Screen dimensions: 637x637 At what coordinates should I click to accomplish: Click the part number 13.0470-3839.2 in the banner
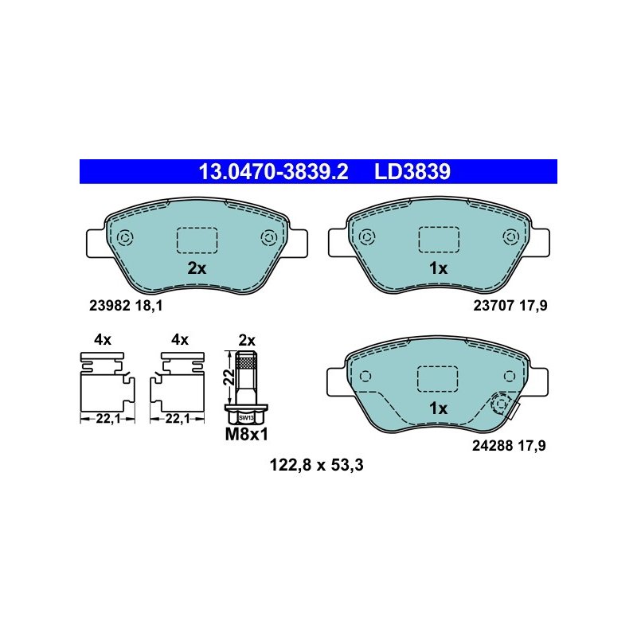(x=273, y=172)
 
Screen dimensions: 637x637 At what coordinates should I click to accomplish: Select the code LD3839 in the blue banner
(x=412, y=172)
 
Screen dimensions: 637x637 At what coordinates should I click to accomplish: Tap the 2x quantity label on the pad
(x=197, y=268)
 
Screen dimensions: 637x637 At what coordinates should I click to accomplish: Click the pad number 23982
(x=109, y=306)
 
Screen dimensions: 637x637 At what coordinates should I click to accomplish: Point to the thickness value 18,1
(x=149, y=306)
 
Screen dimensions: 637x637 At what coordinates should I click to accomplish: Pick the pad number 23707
(x=494, y=306)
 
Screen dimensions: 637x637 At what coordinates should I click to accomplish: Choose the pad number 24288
(x=492, y=446)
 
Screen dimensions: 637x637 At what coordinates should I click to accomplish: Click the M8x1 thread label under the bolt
(x=247, y=435)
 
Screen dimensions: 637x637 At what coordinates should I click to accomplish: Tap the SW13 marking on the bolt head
(x=246, y=418)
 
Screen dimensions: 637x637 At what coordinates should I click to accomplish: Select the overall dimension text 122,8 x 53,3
(x=316, y=465)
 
